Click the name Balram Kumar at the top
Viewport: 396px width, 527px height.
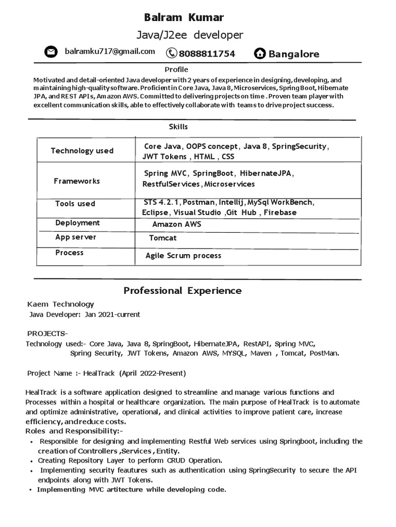click(x=184, y=17)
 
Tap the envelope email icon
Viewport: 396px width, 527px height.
click(x=51, y=52)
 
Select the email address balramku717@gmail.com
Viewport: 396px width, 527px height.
click(x=110, y=51)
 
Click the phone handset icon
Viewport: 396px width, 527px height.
click(x=171, y=53)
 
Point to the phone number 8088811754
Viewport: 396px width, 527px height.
click(x=207, y=54)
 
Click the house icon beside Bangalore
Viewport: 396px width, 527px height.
click(x=260, y=54)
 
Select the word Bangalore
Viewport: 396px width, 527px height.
click(x=294, y=54)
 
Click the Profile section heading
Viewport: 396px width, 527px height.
click(x=176, y=69)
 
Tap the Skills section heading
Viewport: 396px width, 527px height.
click(x=178, y=127)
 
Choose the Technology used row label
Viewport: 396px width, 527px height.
click(x=82, y=151)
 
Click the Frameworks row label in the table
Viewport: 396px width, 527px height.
click(x=77, y=181)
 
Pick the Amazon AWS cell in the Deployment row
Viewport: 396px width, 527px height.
click(x=177, y=224)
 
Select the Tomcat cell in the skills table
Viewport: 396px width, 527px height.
click(x=163, y=238)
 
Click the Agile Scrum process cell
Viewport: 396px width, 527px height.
click(x=183, y=256)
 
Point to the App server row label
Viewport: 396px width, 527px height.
click(x=76, y=237)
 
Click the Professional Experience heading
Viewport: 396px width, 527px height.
click(x=183, y=291)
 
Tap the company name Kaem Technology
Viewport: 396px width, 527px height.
click(x=61, y=304)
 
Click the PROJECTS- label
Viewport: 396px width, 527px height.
click(x=47, y=333)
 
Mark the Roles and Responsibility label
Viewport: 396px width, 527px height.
click(x=74, y=431)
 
